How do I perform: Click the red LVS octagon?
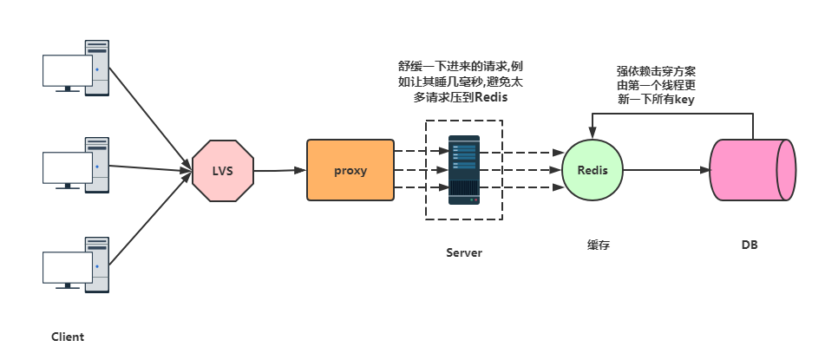(x=224, y=170)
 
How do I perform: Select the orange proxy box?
(x=350, y=170)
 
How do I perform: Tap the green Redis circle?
(x=593, y=170)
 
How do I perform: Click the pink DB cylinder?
(x=752, y=170)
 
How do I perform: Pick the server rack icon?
(x=464, y=169)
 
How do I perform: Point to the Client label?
(x=68, y=337)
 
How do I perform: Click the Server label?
(x=464, y=252)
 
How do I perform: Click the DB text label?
(x=750, y=245)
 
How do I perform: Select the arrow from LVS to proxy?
(x=279, y=170)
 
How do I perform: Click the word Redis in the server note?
(x=490, y=99)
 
